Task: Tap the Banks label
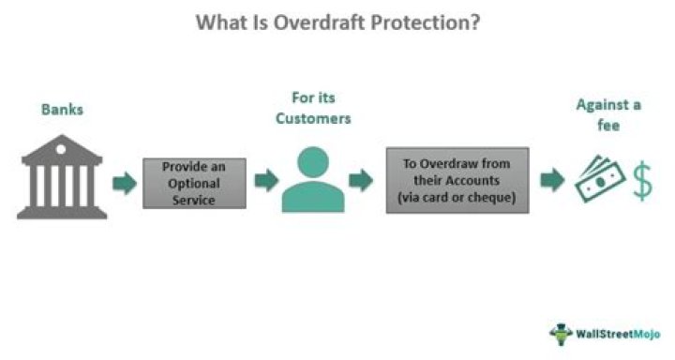pyautogui.click(x=62, y=110)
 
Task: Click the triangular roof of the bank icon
pyautogui.click(x=62, y=149)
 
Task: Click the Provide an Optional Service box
pyautogui.click(x=195, y=182)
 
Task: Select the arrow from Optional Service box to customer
pyautogui.click(x=266, y=181)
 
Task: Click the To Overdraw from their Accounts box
pyautogui.click(x=457, y=179)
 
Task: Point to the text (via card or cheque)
pyautogui.click(x=457, y=197)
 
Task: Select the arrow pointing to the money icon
pyautogui.click(x=553, y=181)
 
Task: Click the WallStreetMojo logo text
pyautogui.click(x=618, y=334)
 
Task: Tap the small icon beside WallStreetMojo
pyautogui.click(x=562, y=333)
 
